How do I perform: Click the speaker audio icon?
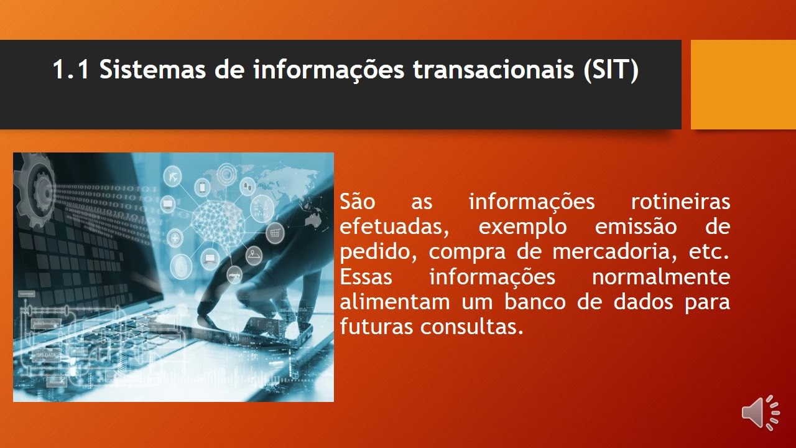pyautogui.click(x=761, y=413)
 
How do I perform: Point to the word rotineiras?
pyautogui.click(x=680, y=202)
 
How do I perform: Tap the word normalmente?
pyautogui.click(x=661, y=277)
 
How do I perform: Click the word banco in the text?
pyautogui.click(x=535, y=302)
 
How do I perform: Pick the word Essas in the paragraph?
pyautogui.click(x=366, y=277)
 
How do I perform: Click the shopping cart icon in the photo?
pyautogui.click(x=275, y=233)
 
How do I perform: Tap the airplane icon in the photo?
pyautogui.click(x=173, y=176)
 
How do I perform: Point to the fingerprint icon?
pyautogui.click(x=181, y=266)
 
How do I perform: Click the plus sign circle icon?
pyautogui.click(x=175, y=238)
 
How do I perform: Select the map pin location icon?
pyautogui.click(x=254, y=255)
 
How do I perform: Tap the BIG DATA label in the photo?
pyautogui.click(x=46, y=355)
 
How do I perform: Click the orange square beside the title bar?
pyautogui.click(x=743, y=85)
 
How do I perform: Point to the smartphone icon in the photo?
pyautogui.click(x=203, y=187)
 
